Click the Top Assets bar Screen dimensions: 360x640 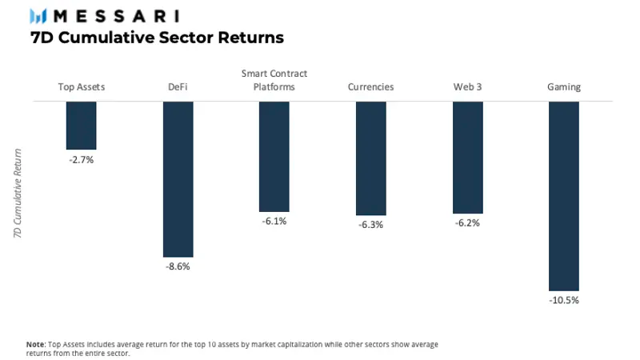pyautogui.click(x=81, y=126)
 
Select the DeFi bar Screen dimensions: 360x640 pyautogui.click(x=178, y=179)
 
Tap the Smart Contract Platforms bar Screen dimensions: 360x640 pyautogui.click(x=274, y=156)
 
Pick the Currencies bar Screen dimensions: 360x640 pyautogui.click(x=371, y=158)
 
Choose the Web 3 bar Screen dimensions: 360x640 pyautogui.click(x=467, y=157)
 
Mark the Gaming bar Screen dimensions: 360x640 pyautogui.click(x=564, y=196)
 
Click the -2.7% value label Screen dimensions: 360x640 pyautogui.click(x=81, y=160)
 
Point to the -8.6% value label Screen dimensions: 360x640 pyautogui.click(x=178, y=266)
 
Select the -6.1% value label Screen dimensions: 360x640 pyautogui.click(x=274, y=221)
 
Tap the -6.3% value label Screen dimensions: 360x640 pyautogui.click(x=371, y=225)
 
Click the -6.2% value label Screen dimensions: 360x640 pyautogui.click(x=467, y=223)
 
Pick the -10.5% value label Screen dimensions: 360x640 pyautogui.click(x=564, y=301)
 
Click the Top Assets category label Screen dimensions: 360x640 pyautogui.click(x=81, y=87)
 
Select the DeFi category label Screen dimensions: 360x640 pyautogui.click(x=178, y=87)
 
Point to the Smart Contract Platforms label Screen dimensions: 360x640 pyautogui.click(x=274, y=80)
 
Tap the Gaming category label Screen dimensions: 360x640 pyautogui.click(x=564, y=87)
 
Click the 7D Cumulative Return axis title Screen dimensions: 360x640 pyautogui.click(x=18, y=192)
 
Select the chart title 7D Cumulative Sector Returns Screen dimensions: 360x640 pyautogui.click(x=157, y=38)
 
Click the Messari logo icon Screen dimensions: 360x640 pyautogui.click(x=38, y=16)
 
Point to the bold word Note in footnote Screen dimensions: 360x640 pyautogui.click(x=35, y=343)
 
